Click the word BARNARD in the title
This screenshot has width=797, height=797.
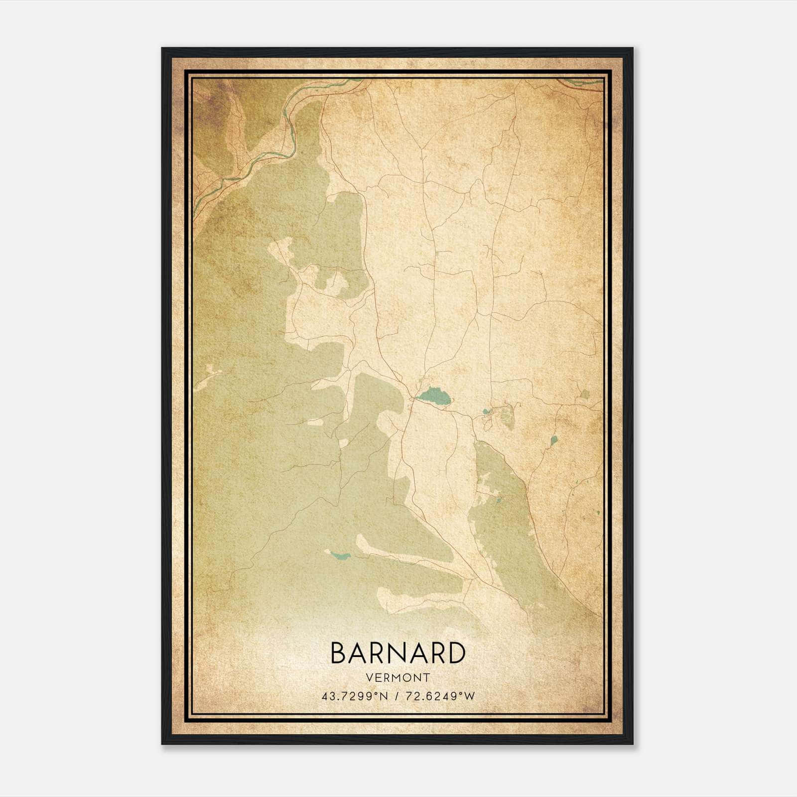pos(398,653)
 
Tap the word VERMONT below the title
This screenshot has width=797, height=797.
pos(398,677)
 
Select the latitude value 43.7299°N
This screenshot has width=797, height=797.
pos(354,696)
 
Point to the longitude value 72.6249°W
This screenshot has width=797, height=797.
pos(441,696)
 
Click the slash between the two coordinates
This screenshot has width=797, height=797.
pos(397,696)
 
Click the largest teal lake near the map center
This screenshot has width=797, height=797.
pos(435,397)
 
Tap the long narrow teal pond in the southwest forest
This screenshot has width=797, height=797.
pos(340,556)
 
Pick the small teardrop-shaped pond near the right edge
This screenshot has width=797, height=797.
pos(553,440)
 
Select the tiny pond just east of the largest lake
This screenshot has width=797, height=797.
pos(486,411)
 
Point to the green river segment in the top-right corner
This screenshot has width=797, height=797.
pos(583,81)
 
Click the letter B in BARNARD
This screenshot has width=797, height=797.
pos(339,653)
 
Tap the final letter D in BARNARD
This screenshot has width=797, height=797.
pos(455,653)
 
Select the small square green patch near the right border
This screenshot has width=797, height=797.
pos(585,395)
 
